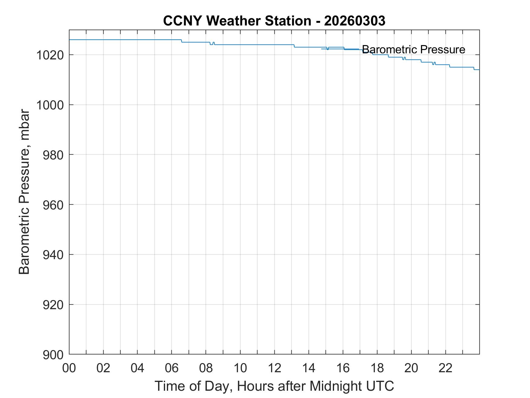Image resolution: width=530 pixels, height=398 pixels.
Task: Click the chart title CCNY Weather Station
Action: tap(237, 21)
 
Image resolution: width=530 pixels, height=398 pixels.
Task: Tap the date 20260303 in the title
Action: tap(355, 21)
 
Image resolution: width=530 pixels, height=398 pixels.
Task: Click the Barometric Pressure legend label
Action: tap(413, 49)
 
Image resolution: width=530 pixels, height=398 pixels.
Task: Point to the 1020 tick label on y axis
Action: tap(49, 55)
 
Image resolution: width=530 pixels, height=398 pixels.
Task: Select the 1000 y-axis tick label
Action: tap(49, 105)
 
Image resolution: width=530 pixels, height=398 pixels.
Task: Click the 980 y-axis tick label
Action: tap(53, 155)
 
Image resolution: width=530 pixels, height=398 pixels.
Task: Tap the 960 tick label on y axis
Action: tap(53, 205)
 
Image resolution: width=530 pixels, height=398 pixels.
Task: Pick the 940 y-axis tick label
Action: tap(53, 255)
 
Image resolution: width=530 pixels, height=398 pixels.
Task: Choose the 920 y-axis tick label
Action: tap(53, 305)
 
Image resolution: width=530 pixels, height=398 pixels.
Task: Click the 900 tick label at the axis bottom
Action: tap(53, 355)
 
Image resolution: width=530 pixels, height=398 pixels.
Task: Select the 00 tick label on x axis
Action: tap(69, 368)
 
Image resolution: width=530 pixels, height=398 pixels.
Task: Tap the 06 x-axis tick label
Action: tap(172, 368)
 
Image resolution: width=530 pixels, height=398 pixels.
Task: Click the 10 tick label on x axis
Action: tap(240, 368)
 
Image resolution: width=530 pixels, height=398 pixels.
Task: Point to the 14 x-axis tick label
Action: tap(309, 368)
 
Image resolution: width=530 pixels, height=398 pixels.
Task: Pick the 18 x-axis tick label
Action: tap(377, 368)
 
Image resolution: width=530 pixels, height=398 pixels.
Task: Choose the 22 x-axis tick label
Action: tap(446, 368)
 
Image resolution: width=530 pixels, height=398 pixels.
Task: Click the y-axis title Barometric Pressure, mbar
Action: tap(24, 192)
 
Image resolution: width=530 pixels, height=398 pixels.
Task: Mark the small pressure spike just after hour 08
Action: tap(214, 43)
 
